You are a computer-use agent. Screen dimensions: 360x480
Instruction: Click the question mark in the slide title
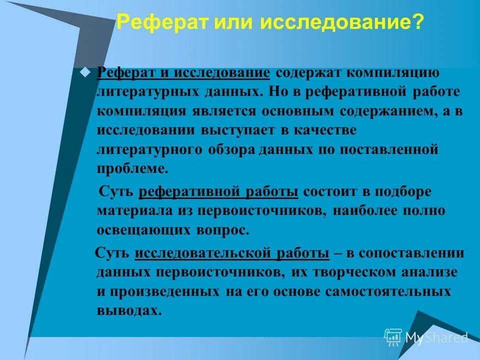click(418, 22)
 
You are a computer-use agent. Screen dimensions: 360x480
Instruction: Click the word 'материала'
click(132, 211)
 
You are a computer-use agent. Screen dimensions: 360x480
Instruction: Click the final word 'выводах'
click(129, 310)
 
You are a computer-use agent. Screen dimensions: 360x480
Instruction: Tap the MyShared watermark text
click(436, 338)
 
